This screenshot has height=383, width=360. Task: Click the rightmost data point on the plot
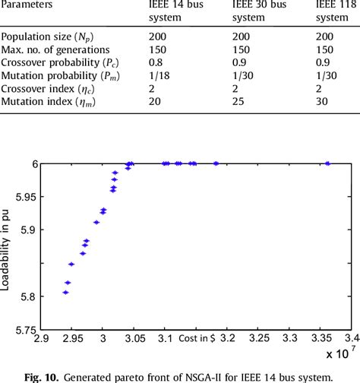click(328, 163)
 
